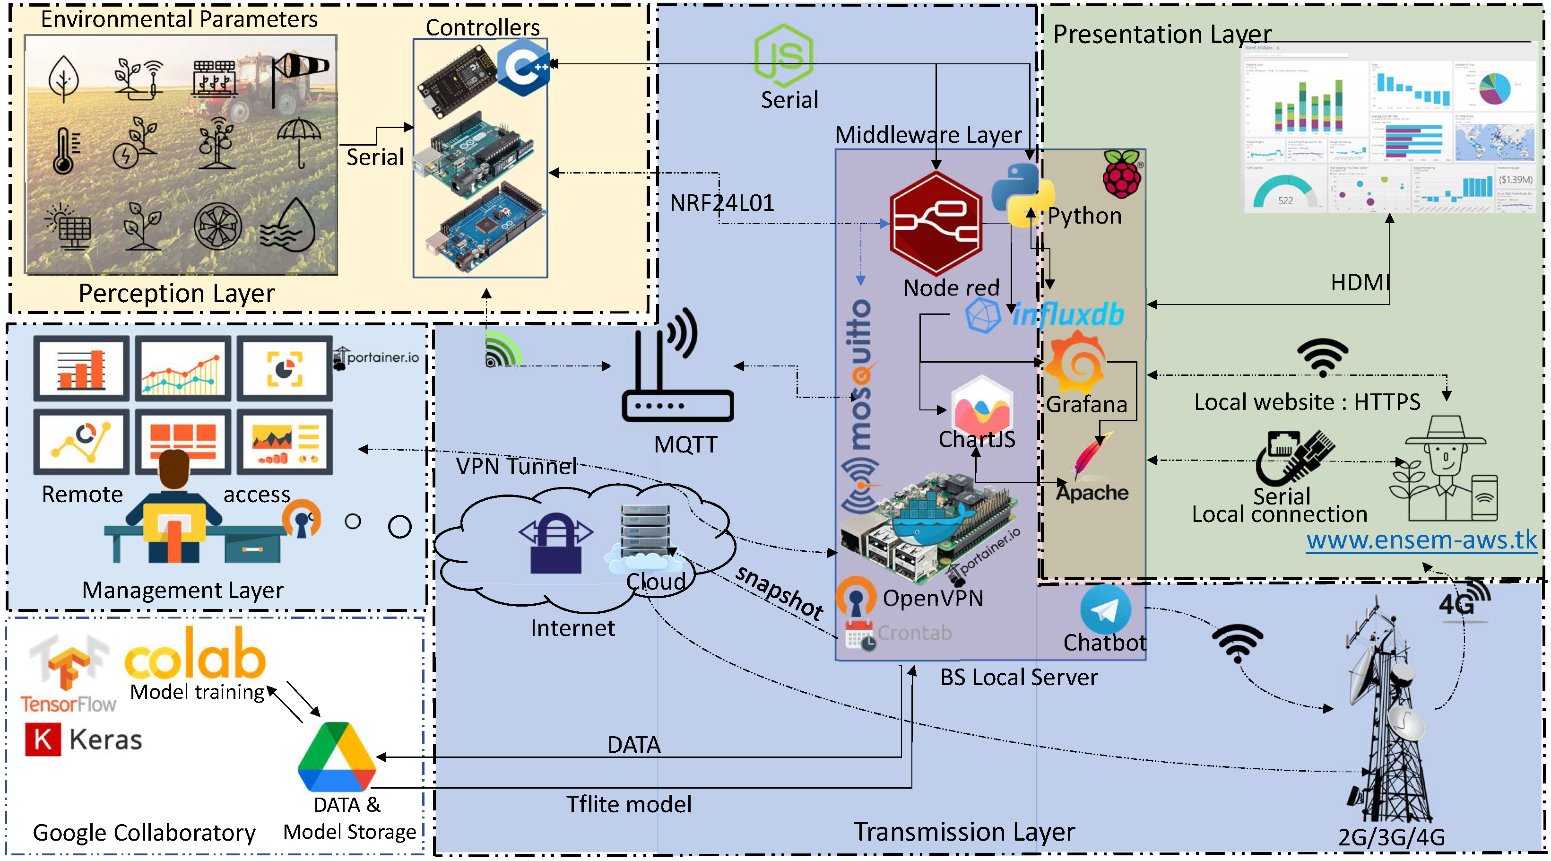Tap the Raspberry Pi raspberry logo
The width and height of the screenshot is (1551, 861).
(1122, 174)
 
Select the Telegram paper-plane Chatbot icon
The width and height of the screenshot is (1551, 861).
(1105, 610)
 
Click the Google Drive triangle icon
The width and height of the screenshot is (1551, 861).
(337, 757)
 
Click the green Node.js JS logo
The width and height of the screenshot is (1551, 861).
(784, 55)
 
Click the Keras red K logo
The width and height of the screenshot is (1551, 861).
(43, 739)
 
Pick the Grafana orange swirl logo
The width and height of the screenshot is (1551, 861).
(1076, 364)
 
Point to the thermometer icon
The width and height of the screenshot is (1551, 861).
(64, 150)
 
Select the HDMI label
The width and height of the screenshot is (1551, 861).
(1360, 282)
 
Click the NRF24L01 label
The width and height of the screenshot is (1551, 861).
(722, 203)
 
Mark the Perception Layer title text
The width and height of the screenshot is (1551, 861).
(176, 293)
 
